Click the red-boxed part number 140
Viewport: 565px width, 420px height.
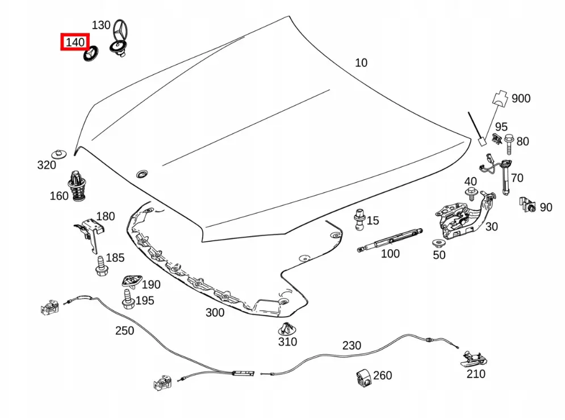pos(75,42)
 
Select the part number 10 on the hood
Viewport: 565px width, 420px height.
pos(361,62)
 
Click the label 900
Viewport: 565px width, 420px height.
pos(521,98)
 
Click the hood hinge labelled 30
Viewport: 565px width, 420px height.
pos(465,216)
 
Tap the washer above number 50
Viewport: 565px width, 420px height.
pos(438,243)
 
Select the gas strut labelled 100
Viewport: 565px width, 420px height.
pos(390,239)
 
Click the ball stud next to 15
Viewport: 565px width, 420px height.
pos(360,219)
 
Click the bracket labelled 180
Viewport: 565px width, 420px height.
pos(90,235)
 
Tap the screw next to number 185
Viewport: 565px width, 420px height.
pos(101,266)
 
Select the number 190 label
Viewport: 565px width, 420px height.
pos(150,284)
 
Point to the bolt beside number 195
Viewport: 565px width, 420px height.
pos(128,299)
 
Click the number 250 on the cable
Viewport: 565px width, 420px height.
pos(124,331)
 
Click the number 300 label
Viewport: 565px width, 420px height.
pos(215,313)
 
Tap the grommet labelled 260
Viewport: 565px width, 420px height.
pos(365,377)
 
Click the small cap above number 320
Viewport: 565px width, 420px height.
pos(59,154)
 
